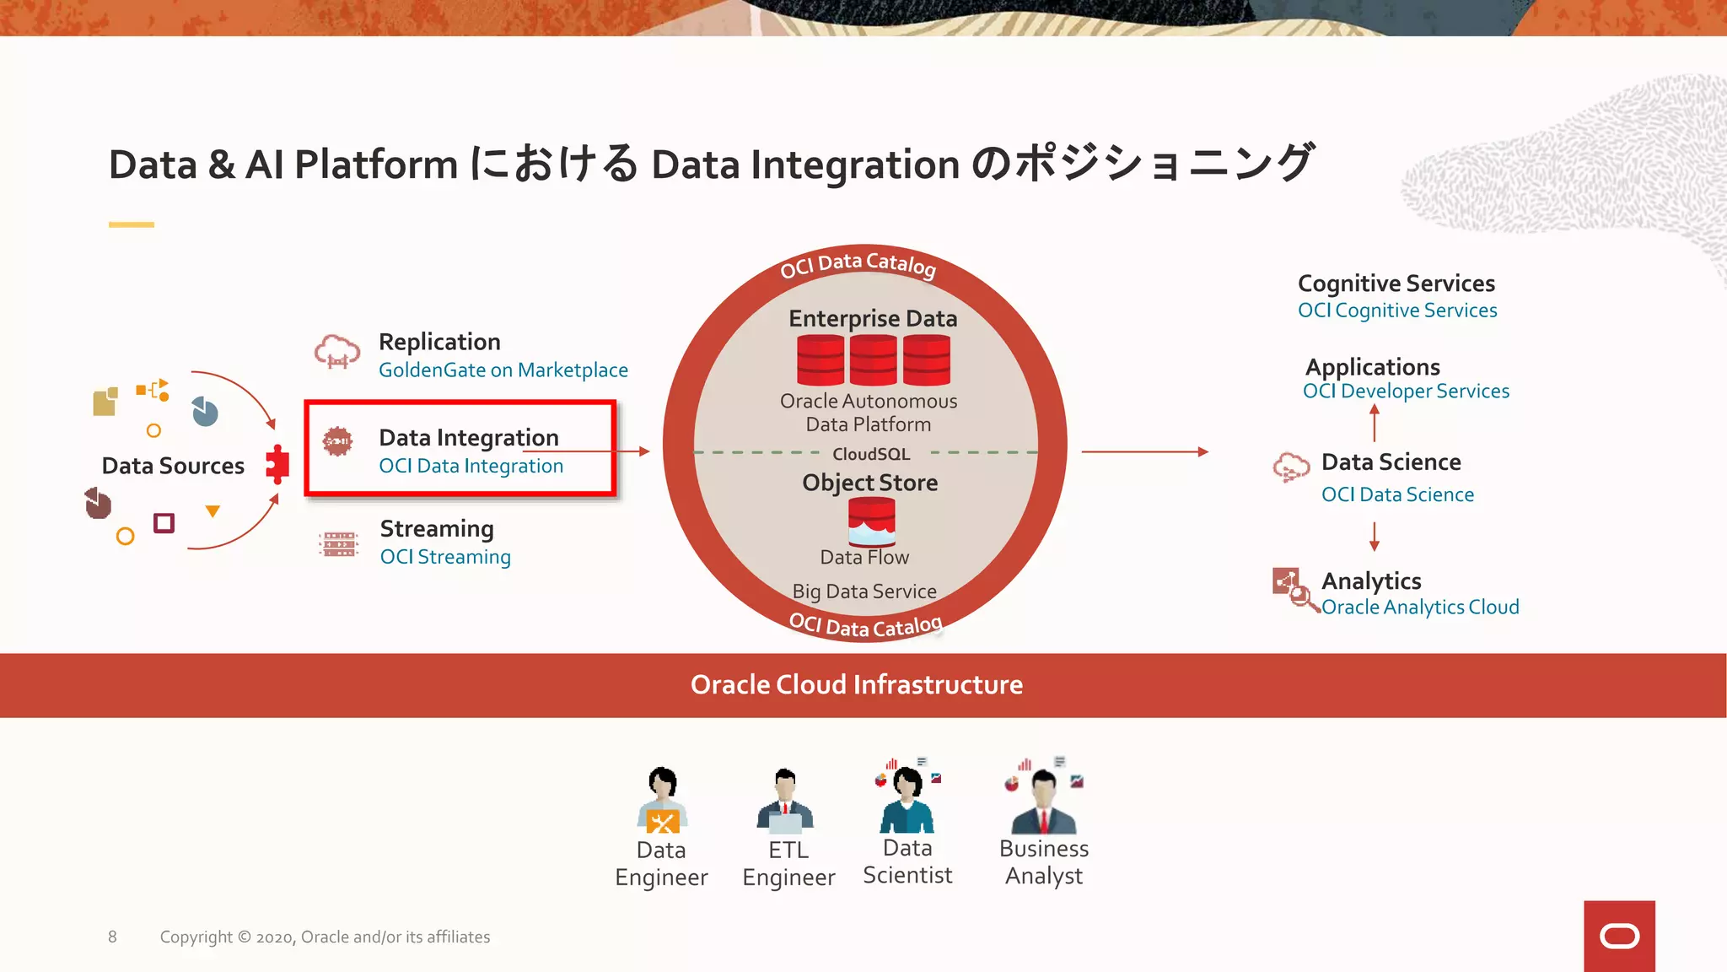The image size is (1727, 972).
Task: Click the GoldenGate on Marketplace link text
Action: (x=503, y=370)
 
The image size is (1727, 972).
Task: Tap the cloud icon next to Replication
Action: (x=336, y=351)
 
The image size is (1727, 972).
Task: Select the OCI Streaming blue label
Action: (x=445, y=557)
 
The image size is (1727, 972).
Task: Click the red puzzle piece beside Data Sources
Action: (x=277, y=463)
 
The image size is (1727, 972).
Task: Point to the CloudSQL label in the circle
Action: (x=871, y=454)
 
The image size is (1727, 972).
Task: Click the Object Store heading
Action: (x=869, y=483)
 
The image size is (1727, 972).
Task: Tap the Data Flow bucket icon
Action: (x=871, y=521)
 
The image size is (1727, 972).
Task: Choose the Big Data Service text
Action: (x=864, y=591)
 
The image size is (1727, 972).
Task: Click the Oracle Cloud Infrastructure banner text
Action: (x=856, y=684)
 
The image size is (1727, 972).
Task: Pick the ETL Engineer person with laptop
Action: (x=786, y=802)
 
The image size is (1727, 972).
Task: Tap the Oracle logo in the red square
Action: (x=1619, y=936)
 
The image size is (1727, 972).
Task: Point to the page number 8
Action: (x=112, y=937)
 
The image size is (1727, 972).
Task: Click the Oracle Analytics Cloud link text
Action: (x=1420, y=607)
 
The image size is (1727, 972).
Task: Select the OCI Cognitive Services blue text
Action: (x=1397, y=310)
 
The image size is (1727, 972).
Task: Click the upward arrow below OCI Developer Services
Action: (x=1375, y=422)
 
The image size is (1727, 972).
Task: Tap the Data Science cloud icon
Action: (x=1290, y=467)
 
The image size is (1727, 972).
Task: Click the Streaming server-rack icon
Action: (x=339, y=544)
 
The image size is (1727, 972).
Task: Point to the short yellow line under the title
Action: (x=132, y=224)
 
